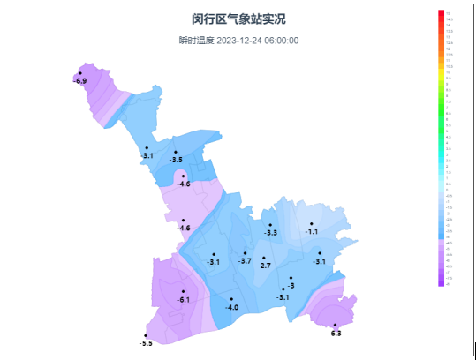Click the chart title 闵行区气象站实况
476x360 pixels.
pos(238,19)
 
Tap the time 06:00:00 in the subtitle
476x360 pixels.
pos(282,41)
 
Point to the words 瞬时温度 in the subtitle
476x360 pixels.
pos(196,41)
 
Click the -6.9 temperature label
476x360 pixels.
pos(80,81)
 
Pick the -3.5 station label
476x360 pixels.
pos(176,160)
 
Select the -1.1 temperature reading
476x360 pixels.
pos(312,231)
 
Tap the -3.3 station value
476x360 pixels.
pos(271,233)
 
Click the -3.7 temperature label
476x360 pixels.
pos(245,261)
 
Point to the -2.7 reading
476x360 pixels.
pos(265,266)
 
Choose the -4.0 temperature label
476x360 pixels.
pos(232,307)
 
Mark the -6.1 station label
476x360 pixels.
pos(184,300)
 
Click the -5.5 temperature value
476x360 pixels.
pos(146,342)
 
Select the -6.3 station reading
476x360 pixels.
pos(335,333)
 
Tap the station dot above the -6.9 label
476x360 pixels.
pos(80,73)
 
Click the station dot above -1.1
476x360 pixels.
pos(312,223)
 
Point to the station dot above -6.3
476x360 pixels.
pos(335,325)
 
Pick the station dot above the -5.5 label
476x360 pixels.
pos(146,335)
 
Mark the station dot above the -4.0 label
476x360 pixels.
pos(231,299)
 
